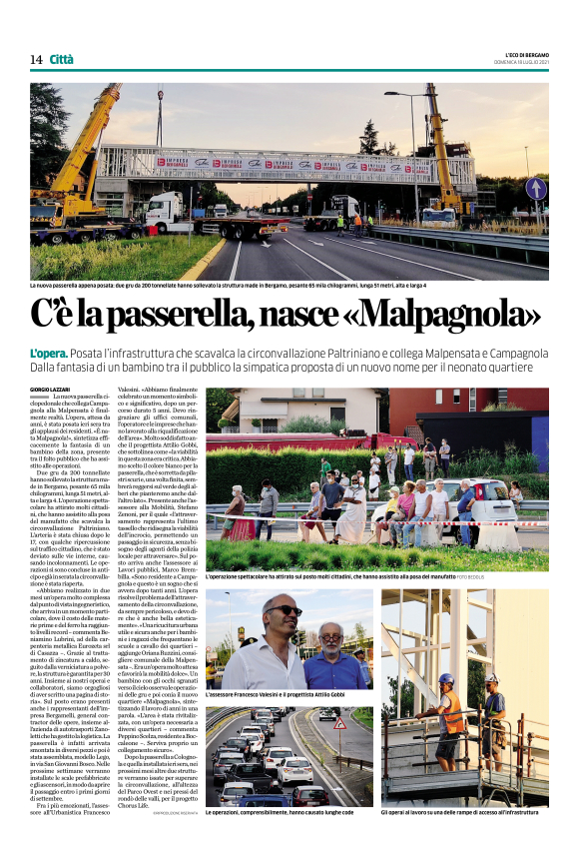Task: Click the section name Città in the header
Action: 62,60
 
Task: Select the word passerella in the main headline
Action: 178,316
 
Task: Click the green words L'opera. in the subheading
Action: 75,354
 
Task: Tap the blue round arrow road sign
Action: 536,188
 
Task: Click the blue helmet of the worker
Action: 445,678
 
